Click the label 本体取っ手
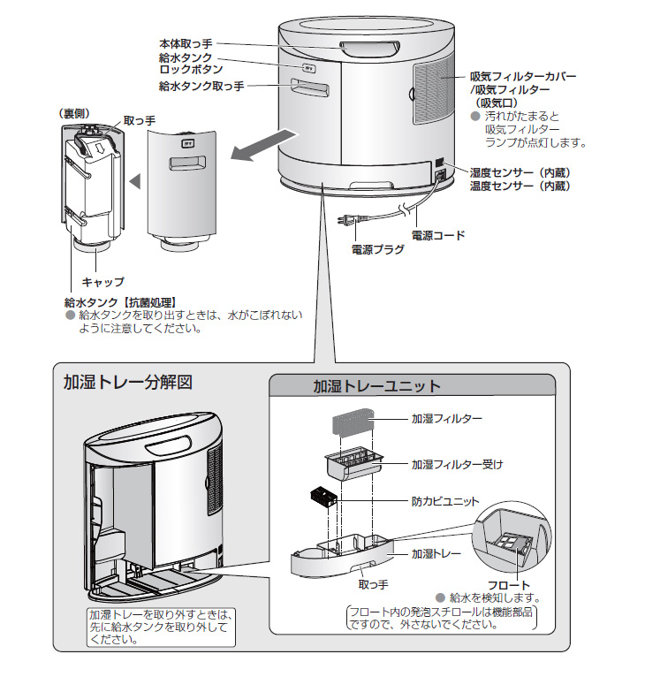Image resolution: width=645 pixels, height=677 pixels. pyautogui.click(x=187, y=42)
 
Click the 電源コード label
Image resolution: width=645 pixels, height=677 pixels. pyautogui.click(x=438, y=236)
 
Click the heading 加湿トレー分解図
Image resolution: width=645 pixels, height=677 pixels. pyautogui.click(x=127, y=384)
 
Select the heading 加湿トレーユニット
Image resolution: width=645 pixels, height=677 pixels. pyautogui.click(x=377, y=386)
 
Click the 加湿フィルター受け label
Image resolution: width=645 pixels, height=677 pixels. pyautogui.click(x=457, y=464)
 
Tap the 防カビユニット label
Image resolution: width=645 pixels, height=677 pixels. pyautogui.click(x=447, y=499)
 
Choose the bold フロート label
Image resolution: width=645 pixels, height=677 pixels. pyautogui.click(x=509, y=585)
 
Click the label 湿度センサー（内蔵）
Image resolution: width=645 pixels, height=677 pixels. pyautogui.click(x=520, y=172)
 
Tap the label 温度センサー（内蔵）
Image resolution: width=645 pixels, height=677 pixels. pyautogui.click(x=520, y=186)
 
